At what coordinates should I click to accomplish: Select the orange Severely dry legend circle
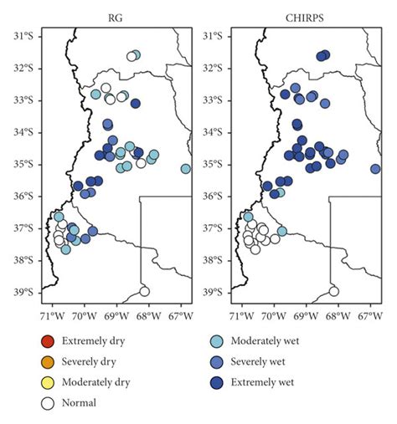coord(48,361)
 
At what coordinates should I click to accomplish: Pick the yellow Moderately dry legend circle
coord(48,382)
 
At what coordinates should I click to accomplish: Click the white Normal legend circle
coord(48,402)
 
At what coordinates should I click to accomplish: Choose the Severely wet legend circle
coord(217,361)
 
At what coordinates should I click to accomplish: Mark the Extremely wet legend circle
coord(217,382)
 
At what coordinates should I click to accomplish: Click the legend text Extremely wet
coord(266,382)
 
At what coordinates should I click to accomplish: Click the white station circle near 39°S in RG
coord(144,291)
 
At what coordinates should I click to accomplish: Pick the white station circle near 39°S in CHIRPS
coord(333,291)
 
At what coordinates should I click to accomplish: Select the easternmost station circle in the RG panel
coord(185,169)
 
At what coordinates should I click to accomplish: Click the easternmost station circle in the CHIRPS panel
coord(375,169)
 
